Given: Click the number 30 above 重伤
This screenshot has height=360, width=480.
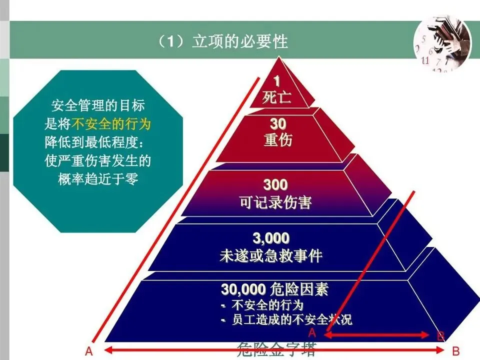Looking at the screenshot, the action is pos(278,123).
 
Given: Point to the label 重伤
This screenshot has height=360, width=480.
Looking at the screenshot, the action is pos(278,139).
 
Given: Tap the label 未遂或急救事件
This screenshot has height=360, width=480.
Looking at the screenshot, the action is pos(270,256).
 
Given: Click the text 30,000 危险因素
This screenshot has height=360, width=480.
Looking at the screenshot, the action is pos(275,289).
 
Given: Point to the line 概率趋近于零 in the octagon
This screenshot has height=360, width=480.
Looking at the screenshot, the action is pos(98,179).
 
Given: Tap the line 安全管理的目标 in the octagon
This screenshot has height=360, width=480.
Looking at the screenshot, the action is pos(98,106).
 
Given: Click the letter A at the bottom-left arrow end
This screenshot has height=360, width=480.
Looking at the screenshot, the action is pos(88,350).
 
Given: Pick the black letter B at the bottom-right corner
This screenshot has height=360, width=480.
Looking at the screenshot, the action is pos(455,350).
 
